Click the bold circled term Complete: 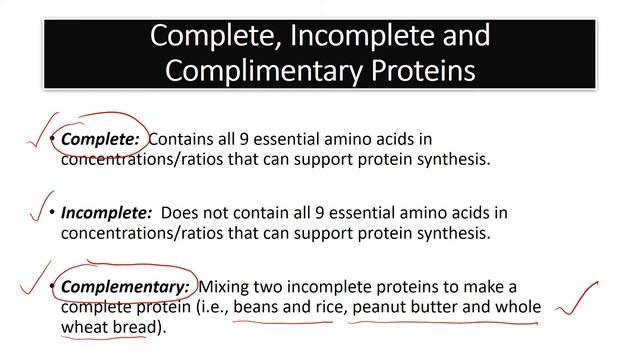pyautogui.click(x=90, y=141)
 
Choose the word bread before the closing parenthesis pyautogui.click(x=134, y=327)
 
